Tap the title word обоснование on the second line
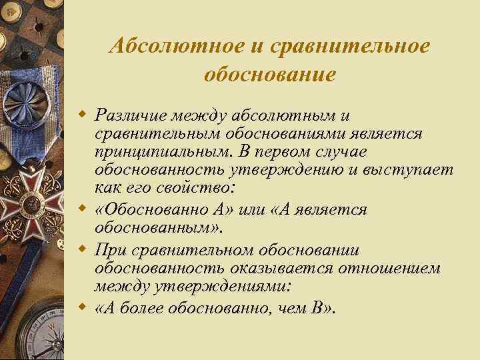coord(270,73)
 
